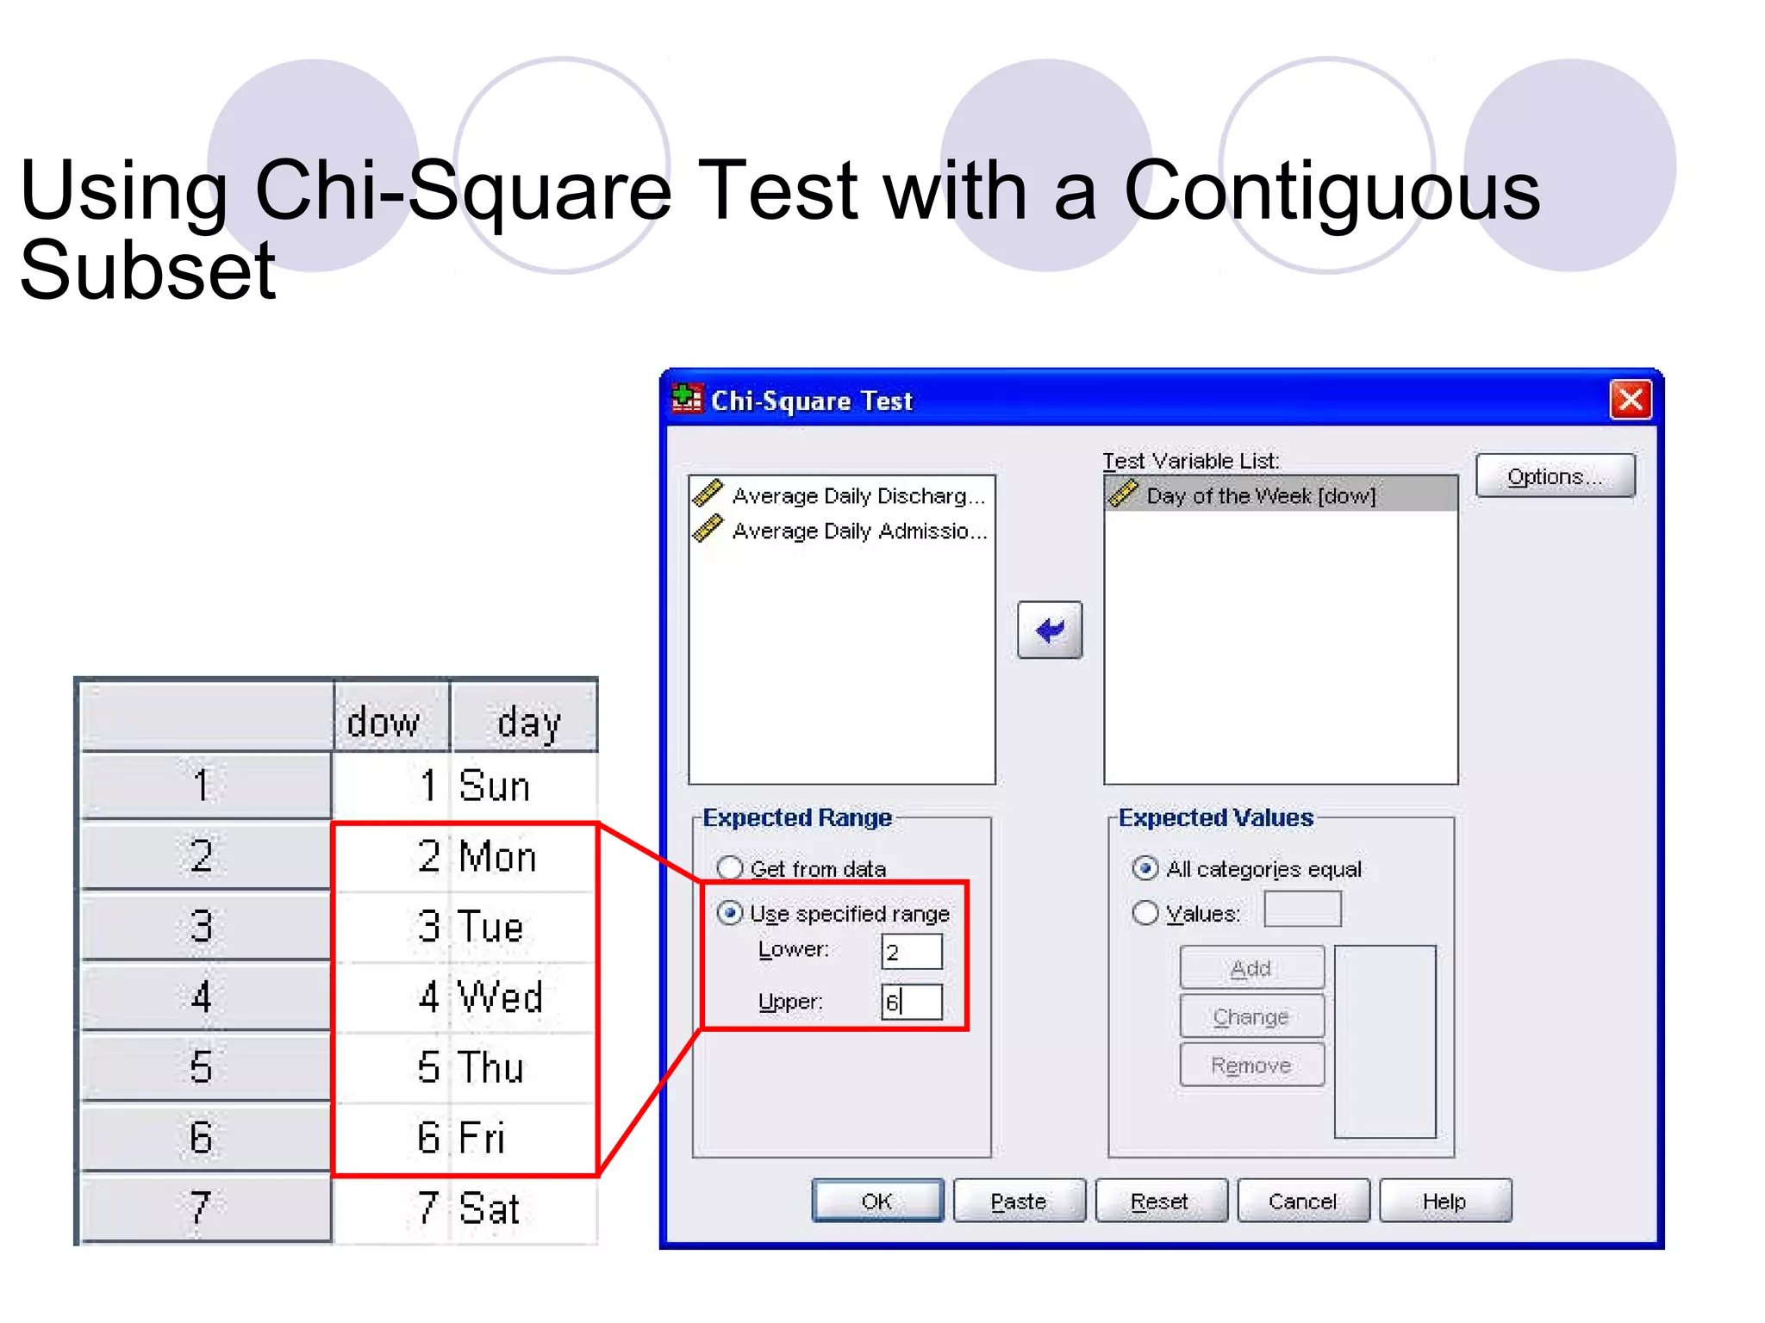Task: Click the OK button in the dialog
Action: [x=877, y=1201]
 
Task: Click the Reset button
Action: [x=1160, y=1201]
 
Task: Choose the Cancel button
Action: [x=1302, y=1201]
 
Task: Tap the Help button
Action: [x=1444, y=1201]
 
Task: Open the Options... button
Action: [x=1554, y=476]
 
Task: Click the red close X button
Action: [x=1630, y=400]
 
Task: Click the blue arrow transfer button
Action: [x=1049, y=630]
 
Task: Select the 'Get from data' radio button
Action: [x=730, y=867]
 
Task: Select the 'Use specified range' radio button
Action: [x=730, y=913]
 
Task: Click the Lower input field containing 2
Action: [x=912, y=952]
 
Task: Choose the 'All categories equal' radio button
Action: [x=1144, y=868]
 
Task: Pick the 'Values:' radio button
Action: [x=1144, y=913]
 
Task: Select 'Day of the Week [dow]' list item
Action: [x=1261, y=495]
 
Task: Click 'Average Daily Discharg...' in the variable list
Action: [x=857, y=496]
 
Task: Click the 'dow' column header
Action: [x=384, y=721]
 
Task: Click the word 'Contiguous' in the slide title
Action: [x=1332, y=191]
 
